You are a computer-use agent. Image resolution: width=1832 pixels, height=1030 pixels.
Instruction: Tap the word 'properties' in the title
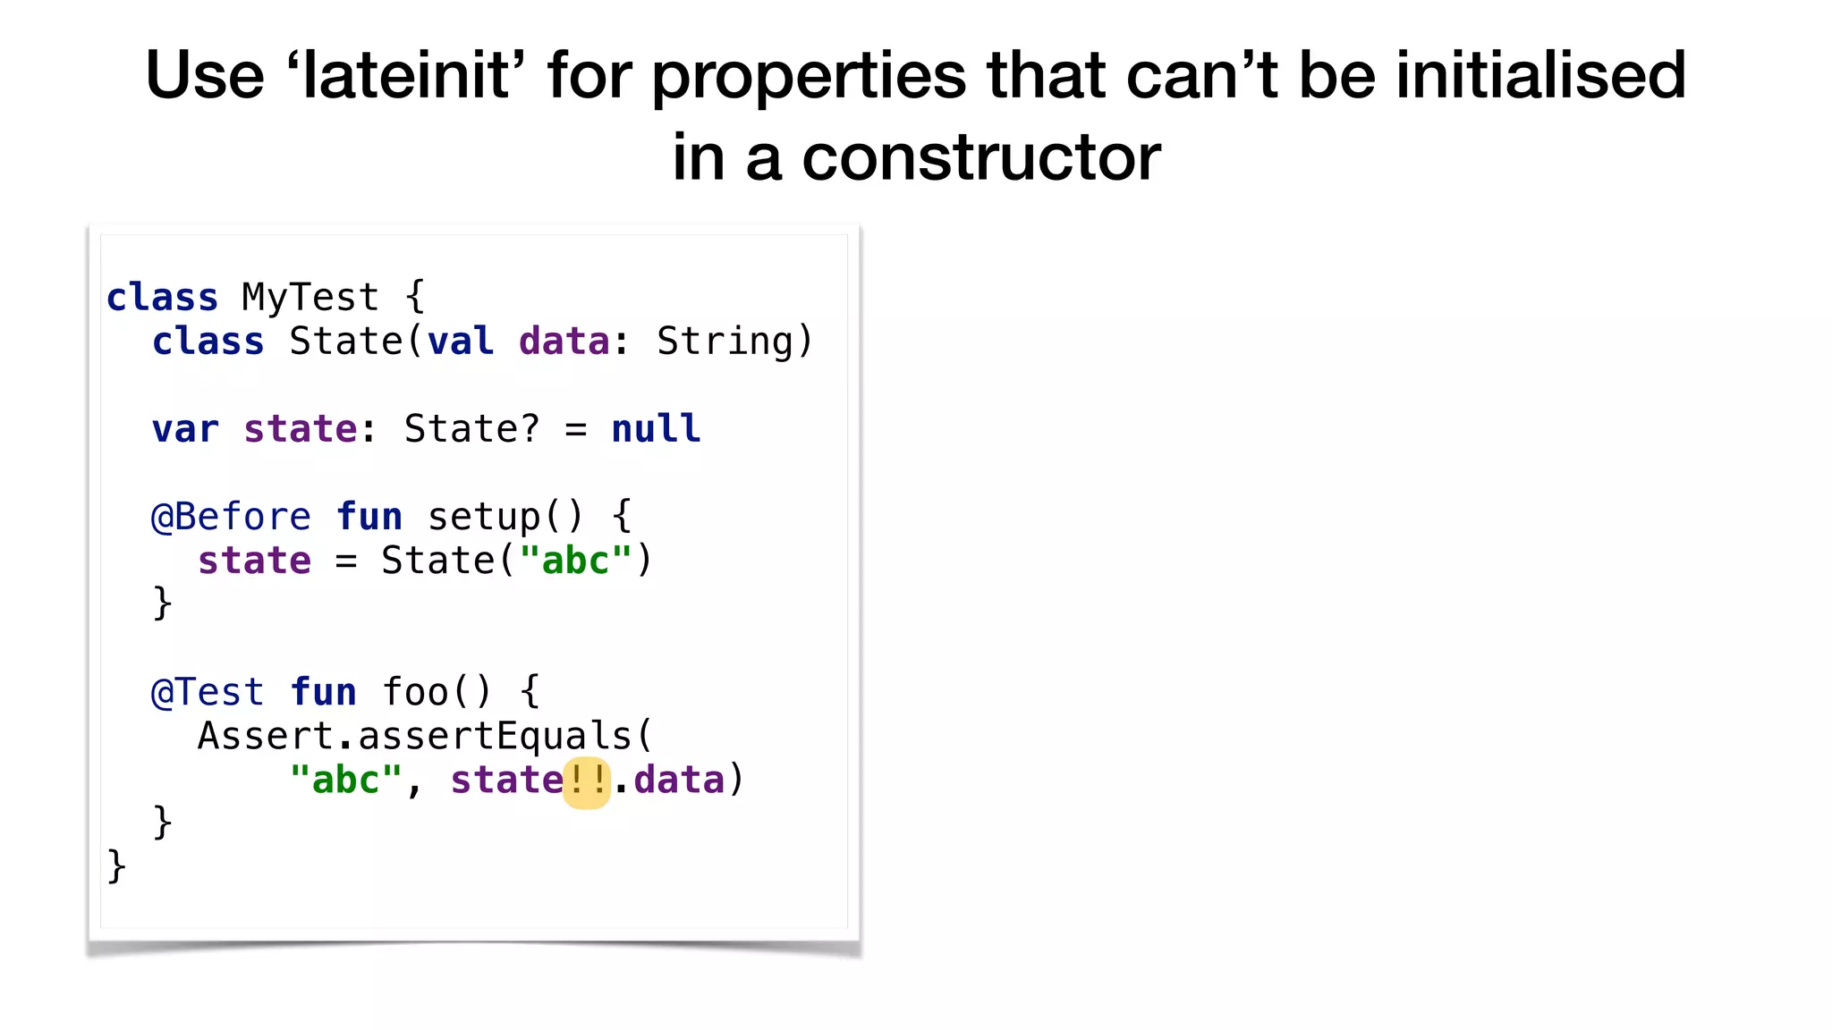coord(809,77)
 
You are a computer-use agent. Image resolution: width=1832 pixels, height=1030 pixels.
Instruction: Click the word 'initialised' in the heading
coord(1540,75)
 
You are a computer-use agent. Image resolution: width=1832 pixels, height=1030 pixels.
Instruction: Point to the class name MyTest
coord(310,298)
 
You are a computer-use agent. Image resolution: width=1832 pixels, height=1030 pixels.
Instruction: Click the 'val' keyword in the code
coord(461,342)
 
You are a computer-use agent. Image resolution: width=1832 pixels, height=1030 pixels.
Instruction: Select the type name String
coord(725,342)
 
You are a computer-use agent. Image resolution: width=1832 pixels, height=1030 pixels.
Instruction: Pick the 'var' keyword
coord(185,429)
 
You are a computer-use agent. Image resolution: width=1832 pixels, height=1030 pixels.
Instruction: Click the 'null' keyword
coord(656,429)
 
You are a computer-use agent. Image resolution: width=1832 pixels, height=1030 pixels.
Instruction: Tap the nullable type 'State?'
coord(471,429)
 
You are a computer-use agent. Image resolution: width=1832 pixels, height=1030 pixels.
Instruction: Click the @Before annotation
coord(231,517)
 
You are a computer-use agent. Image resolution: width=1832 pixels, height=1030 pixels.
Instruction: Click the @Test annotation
coord(208,692)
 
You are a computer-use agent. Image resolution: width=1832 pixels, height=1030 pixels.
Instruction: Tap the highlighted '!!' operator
coord(587,781)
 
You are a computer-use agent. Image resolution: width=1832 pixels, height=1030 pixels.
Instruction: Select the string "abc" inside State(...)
coord(575,561)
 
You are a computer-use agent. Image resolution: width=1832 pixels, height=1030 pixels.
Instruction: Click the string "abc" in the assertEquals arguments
coord(345,781)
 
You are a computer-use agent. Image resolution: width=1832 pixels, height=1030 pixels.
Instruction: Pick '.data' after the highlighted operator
coord(670,781)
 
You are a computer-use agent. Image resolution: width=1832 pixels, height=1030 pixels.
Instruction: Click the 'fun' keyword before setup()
coord(369,517)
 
